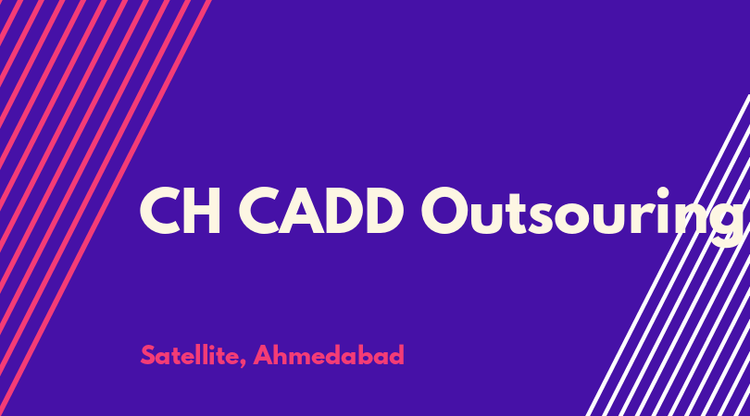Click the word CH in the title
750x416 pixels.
tap(180, 211)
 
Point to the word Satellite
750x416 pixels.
tap(190, 355)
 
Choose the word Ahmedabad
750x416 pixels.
tap(329, 355)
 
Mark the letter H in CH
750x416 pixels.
tap(203, 211)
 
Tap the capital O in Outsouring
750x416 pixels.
tap(444, 211)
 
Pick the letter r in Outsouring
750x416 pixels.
tap(640, 217)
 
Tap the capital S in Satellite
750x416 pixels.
tap(148, 355)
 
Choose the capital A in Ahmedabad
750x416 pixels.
tap(264, 355)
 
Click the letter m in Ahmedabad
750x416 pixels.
tap(306, 358)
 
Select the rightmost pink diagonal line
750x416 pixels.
tap(106, 208)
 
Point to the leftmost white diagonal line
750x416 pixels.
tap(668, 255)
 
